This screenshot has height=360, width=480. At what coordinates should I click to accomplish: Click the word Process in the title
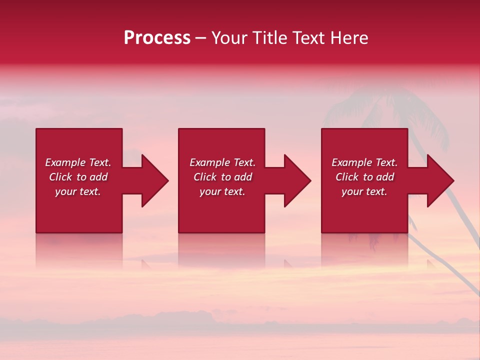click(157, 38)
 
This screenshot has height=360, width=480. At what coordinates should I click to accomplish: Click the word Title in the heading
click(268, 38)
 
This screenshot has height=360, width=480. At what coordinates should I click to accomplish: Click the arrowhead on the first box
click(152, 180)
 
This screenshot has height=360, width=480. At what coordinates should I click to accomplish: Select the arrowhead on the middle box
click(295, 180)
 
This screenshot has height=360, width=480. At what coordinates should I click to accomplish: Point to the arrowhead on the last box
click(438, 180)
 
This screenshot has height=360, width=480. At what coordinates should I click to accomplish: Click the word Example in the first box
click(65, 162)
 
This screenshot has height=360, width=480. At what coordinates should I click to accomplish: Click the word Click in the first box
click(60, 177)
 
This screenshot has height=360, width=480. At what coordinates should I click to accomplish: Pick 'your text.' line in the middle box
click(222, 191)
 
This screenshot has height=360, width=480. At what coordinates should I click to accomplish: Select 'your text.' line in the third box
click(364, 191)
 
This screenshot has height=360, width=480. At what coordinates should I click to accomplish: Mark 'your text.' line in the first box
click(77, 191)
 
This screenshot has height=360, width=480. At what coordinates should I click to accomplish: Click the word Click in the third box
click(347, 177)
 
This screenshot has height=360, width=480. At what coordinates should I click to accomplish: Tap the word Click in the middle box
click(205, 177)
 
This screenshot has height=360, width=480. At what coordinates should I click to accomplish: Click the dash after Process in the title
click(200, 38)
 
